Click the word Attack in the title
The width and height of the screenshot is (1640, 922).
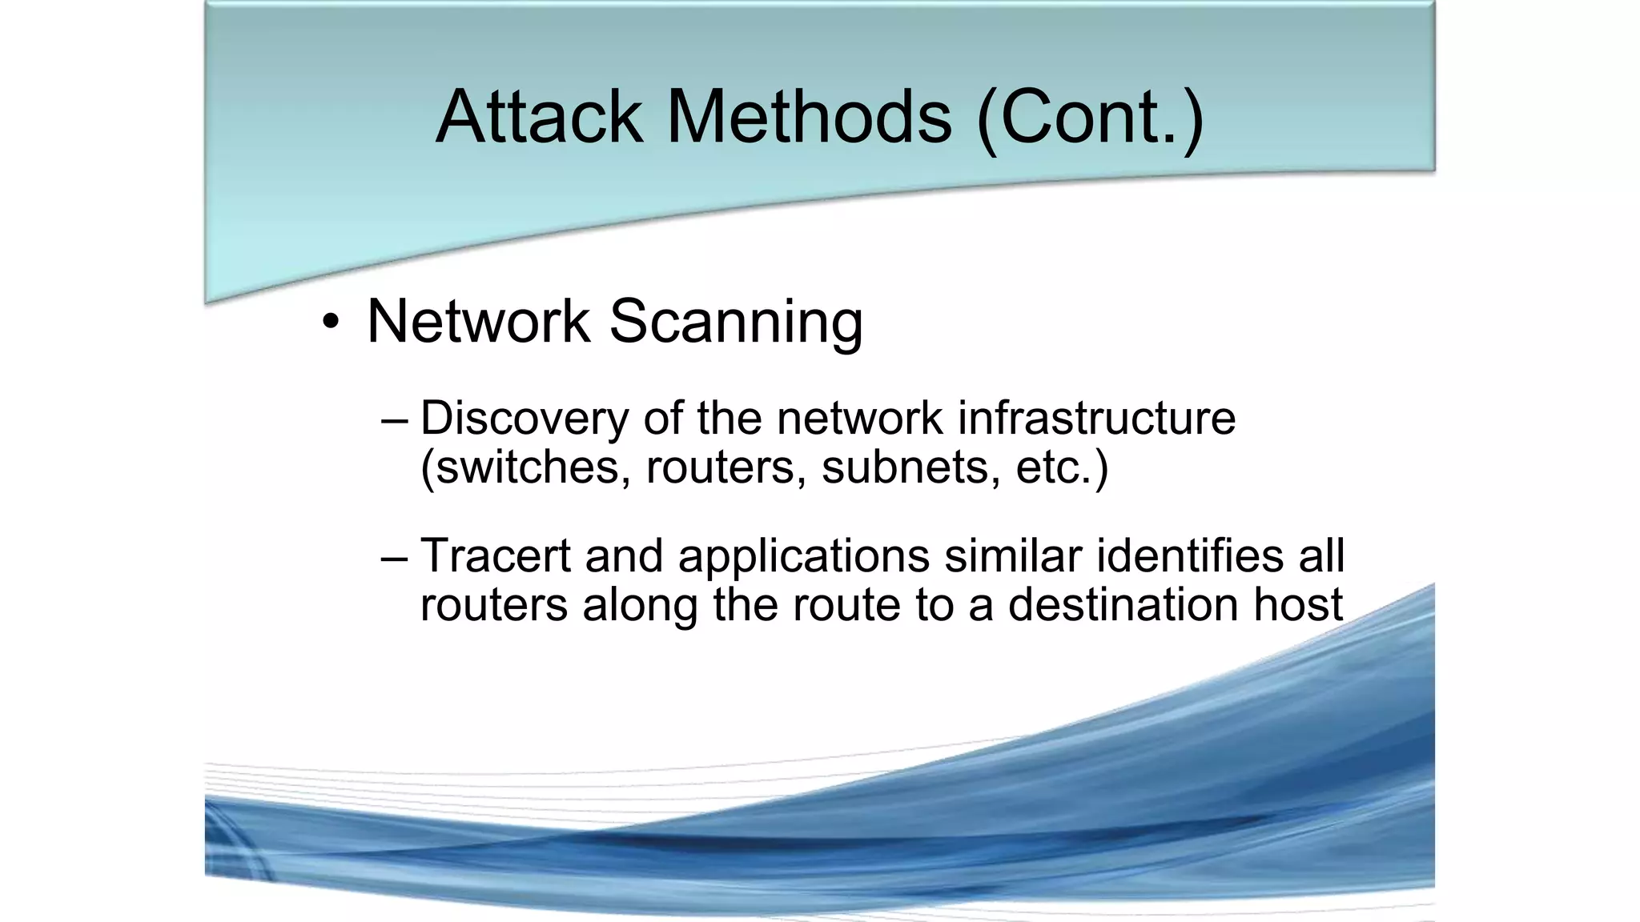(x=539, y=117)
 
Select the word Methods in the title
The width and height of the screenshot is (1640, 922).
(x=809, y=117)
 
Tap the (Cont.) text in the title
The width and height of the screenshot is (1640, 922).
(x=1090, y=118)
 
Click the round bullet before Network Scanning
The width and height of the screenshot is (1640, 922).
(x=330, y=323)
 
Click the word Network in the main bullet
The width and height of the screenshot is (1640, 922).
(x=478, y=321)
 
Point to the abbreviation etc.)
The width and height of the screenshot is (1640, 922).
(x=1062, y=467)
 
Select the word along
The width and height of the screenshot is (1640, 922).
(x=641, y=606)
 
